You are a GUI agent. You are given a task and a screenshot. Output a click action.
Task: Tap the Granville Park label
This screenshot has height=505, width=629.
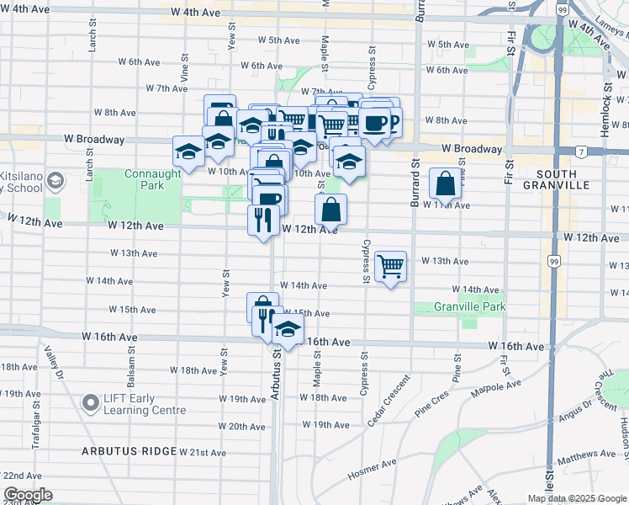point(470,306)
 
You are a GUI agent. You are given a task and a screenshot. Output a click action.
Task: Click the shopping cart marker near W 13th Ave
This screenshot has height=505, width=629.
point(391,267)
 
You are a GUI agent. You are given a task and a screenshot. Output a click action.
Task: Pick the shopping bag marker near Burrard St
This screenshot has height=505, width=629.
point(445,183)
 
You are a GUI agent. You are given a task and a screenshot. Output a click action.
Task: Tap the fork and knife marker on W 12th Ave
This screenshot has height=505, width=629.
point(263,221)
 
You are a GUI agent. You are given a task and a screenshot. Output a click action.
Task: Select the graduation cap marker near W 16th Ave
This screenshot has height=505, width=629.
point(288,330)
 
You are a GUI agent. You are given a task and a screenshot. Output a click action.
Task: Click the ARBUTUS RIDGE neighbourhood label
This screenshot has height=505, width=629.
point(129,451)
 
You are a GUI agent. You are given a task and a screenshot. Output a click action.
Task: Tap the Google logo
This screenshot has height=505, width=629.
point(28,495)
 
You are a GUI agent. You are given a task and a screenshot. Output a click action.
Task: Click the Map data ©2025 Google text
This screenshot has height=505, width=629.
point(577,498)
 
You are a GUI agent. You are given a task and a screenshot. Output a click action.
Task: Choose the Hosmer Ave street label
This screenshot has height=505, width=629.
point(372,470)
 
